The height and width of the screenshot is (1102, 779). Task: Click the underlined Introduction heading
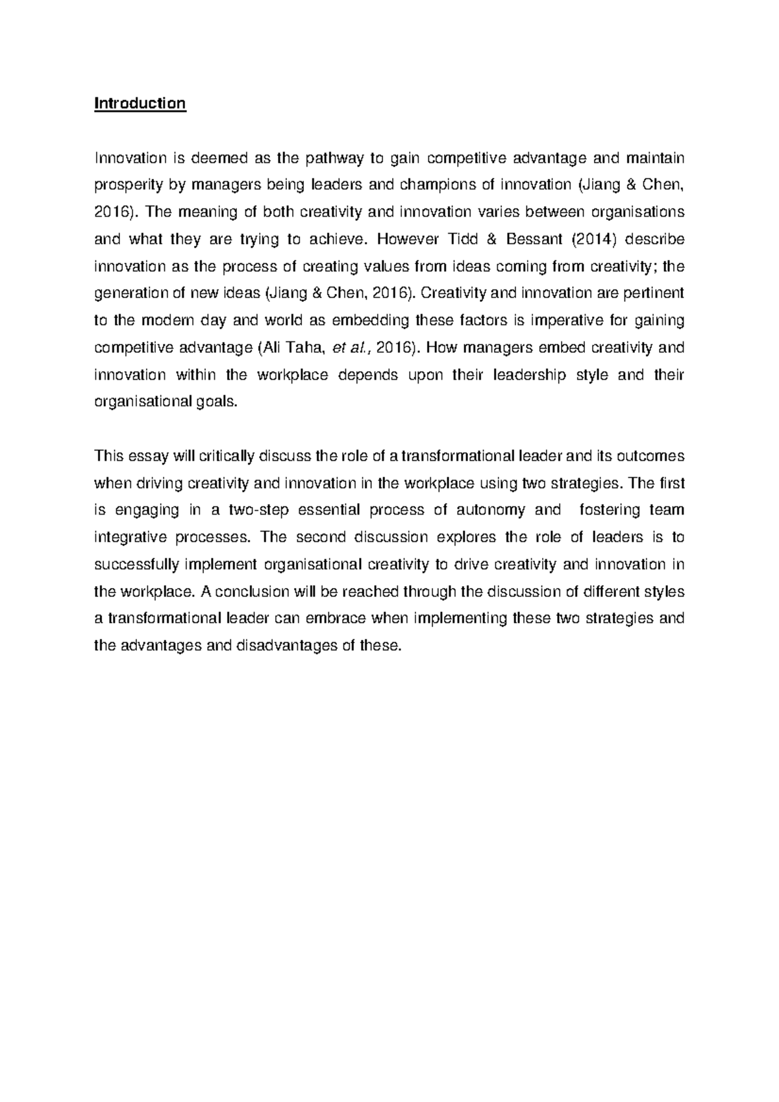point(140,104)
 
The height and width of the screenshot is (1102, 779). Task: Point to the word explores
point(467,537)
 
